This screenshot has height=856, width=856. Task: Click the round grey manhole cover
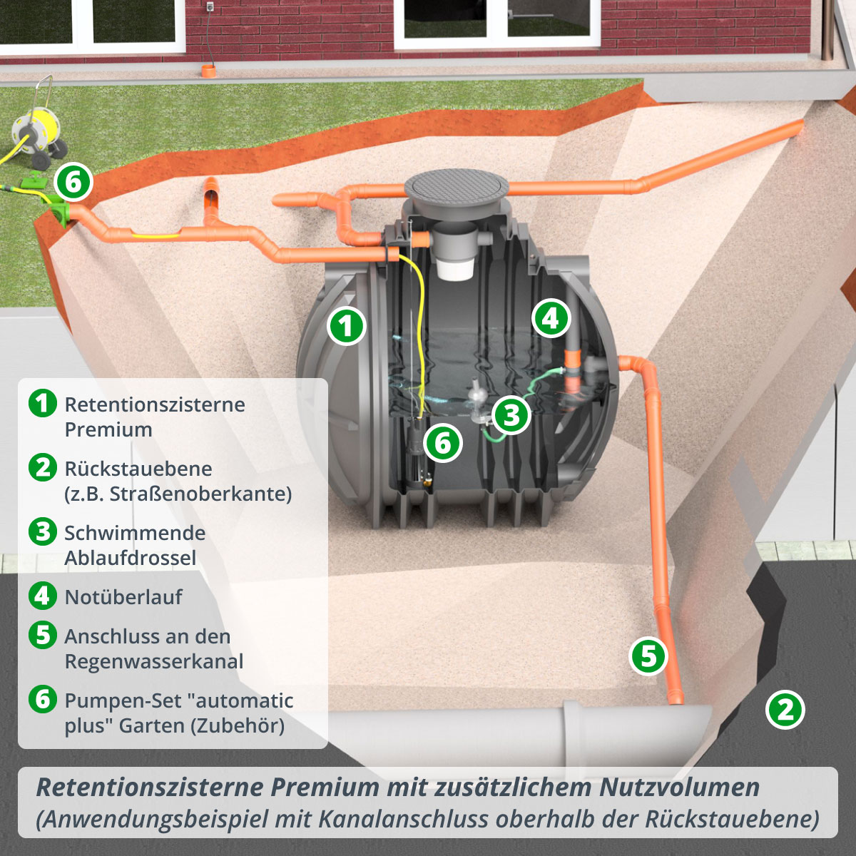tap(457, 190)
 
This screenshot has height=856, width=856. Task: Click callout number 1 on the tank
tap(347, 326)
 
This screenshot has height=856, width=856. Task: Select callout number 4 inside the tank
tap(551, 318)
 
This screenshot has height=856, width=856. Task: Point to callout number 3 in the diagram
tap(511, 415)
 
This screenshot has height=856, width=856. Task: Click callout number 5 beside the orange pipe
tap(648, 656)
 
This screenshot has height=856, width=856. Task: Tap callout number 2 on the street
tap(785, 710)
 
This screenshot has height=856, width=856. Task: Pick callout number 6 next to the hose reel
tap(73, 182)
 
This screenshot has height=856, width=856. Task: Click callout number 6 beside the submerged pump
tap(443, 443)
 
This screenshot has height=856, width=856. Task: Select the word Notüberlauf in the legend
tap(123, 597)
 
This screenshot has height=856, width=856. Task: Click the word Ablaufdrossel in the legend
tap(131, 558)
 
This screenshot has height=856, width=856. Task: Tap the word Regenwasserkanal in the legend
tap(154, 661)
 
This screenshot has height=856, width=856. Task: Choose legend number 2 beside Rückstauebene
tap(43, 467)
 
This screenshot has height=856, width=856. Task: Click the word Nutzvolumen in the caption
tap(679, 788)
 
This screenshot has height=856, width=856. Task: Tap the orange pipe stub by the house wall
tap(208, 71)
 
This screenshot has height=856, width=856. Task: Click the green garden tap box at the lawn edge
tap(56, 210)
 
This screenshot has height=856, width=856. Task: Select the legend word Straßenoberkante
tap(200, 494)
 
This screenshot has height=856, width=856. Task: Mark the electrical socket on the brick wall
tap(210, 6)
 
